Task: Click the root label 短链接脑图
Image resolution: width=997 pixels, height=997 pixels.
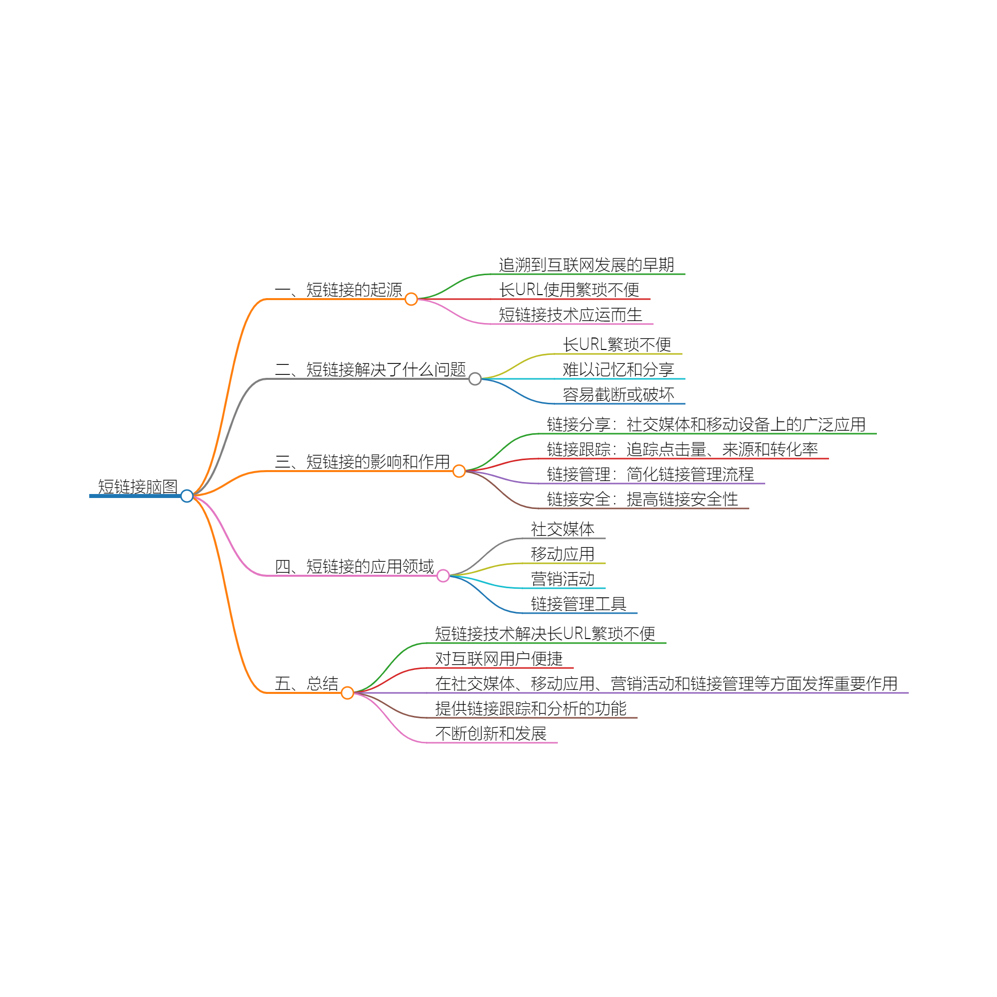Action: [x=138, y=487]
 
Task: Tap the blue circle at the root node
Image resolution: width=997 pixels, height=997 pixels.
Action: [x=187, y=496]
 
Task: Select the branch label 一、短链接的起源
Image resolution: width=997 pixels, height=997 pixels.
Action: [x=338, y=290]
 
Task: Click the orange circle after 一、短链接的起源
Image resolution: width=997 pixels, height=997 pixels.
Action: [x=411, y=299]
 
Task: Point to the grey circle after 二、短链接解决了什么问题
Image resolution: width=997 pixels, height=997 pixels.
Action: [x=475, y=379]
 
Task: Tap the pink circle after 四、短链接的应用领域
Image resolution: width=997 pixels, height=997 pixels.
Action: [x=443, y=576]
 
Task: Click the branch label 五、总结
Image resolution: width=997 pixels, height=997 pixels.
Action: [x=306, y=684]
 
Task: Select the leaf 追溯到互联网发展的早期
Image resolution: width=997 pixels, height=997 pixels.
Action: [x=586, y=265]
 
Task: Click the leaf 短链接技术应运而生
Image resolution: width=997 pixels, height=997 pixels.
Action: [x=570, y=315]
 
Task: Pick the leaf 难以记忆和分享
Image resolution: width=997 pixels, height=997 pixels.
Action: [x=618, y=369]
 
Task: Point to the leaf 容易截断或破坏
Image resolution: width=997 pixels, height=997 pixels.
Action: [x=618, y=395]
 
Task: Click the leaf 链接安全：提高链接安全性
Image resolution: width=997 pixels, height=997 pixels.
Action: [x=642, y=499]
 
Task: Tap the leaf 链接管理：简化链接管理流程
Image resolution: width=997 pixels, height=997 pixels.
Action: [x=650, y=474]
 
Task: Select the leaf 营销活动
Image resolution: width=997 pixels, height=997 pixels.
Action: [x=562, y=579]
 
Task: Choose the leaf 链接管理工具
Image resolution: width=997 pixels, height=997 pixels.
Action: [x=578, y=604]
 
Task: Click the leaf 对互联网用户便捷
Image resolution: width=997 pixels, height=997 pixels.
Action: [x=498, y=659]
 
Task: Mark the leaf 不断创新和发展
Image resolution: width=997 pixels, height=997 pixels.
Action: [x=491, y=734]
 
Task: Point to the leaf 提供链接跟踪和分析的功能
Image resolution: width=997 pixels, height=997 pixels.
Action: [x=530, y=708]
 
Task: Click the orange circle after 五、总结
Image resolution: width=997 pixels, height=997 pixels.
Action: [x=347, y=693]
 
